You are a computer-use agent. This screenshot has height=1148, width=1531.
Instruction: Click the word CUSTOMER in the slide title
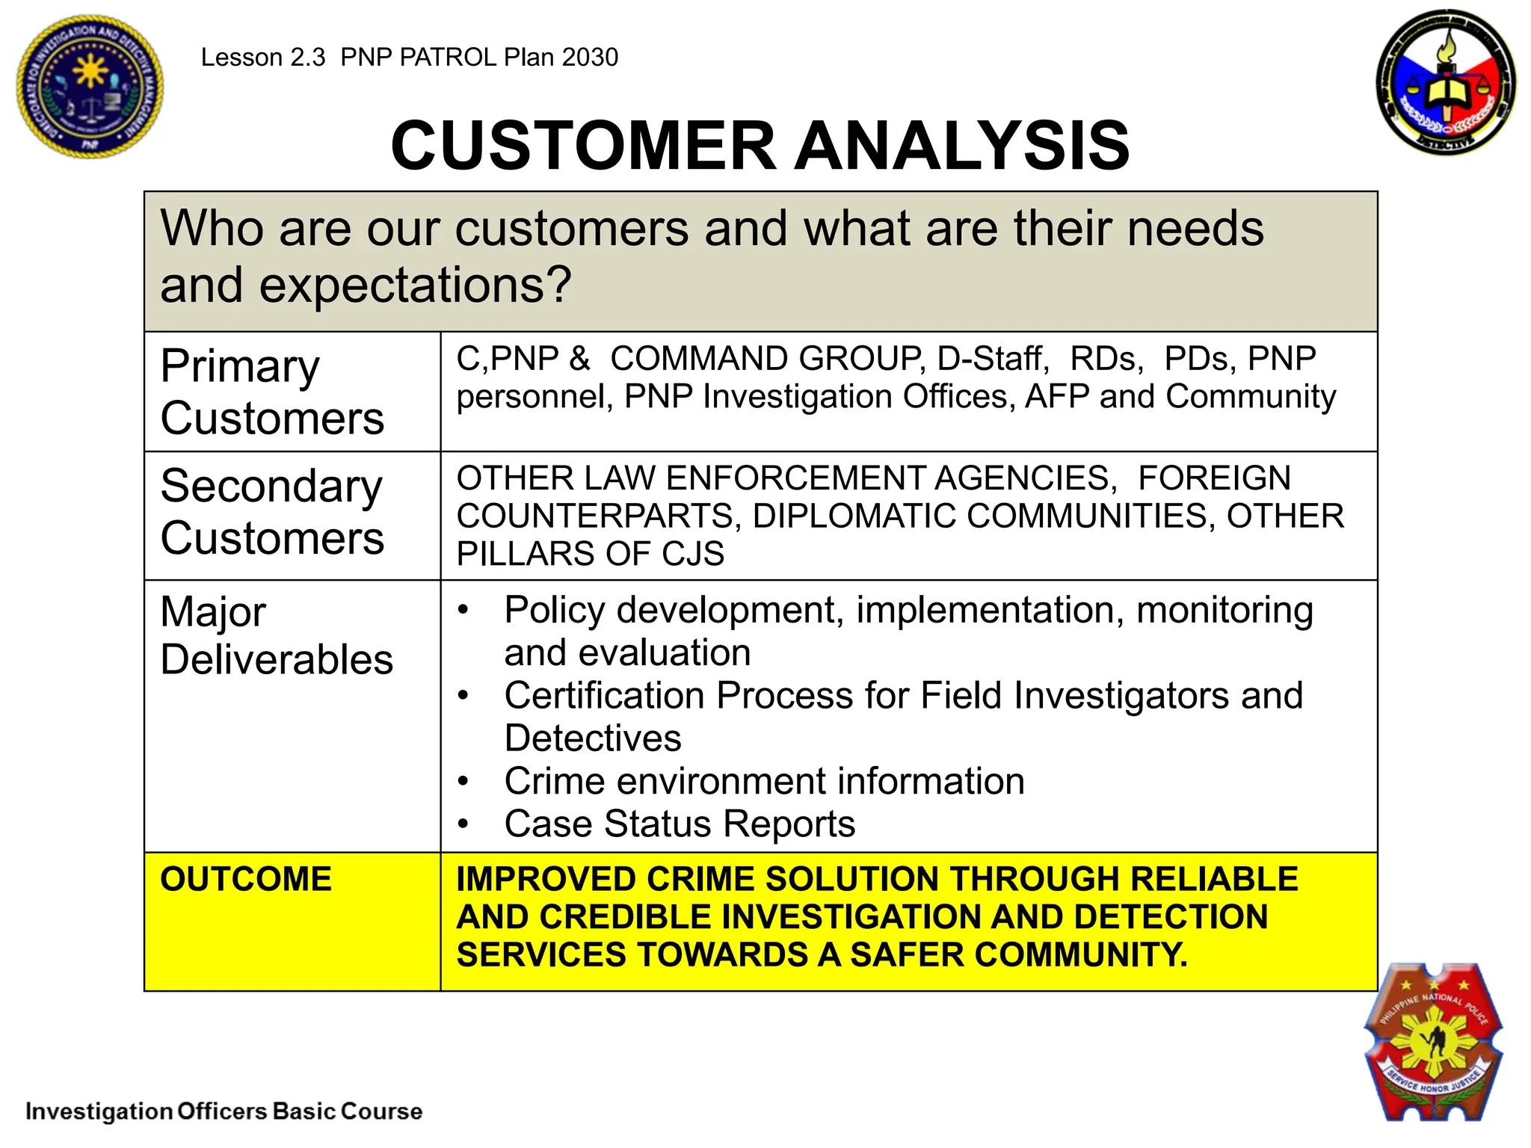pos(584,145)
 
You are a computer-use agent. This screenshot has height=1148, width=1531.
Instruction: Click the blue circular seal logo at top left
pos(90,87)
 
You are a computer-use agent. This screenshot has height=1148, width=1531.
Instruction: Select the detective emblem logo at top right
pos(1446,82)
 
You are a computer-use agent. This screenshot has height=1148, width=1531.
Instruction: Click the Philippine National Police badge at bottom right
pos(1432,1042)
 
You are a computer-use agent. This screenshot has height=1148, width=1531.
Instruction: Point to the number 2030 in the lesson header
pos(590,58)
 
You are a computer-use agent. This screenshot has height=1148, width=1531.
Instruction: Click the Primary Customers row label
pos(272,392)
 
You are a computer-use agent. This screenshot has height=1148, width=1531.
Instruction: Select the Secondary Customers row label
pos(272,512)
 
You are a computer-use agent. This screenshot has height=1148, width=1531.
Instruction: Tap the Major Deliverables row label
pos(276,636)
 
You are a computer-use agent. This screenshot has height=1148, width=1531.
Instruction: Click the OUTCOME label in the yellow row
pos(246,879)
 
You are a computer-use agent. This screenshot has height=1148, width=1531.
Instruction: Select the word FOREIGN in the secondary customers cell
pos(1214,478)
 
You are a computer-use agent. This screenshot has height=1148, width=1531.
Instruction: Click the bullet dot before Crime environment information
pos(463,782)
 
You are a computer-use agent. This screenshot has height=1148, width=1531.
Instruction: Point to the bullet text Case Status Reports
pos(679,824)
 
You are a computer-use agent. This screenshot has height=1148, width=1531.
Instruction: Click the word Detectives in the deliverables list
pos(593,738)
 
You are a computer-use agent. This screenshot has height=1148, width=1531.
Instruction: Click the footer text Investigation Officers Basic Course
pos(224,1111)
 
